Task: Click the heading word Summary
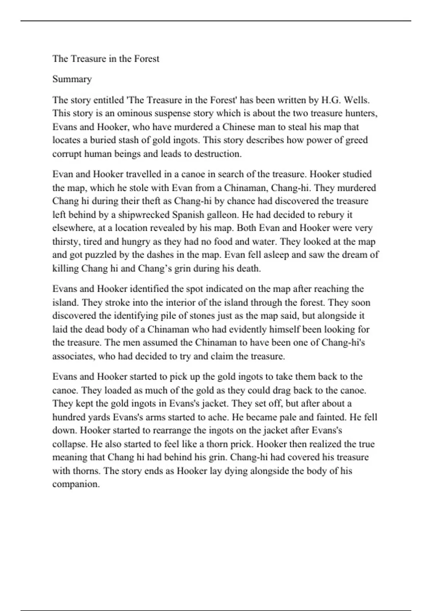(x=72, y=79)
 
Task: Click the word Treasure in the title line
(x=88, y=59)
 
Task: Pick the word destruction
(x=217, y=154)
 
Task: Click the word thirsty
(x=66, y=242)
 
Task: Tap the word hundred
(x=70, y=417)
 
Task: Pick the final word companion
(x=76, y=484)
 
